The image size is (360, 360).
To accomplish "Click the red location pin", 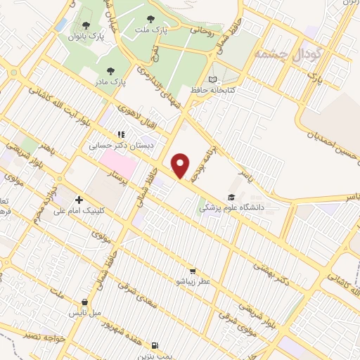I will click(x=181, y=165).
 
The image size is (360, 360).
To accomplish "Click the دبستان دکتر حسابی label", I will click(x=110, y=147).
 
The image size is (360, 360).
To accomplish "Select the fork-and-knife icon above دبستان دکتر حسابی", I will click(x=122, y=134).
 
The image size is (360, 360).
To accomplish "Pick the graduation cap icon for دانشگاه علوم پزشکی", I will click(x=231, y=198).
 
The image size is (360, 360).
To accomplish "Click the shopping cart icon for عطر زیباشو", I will click(x=192, y=271).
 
